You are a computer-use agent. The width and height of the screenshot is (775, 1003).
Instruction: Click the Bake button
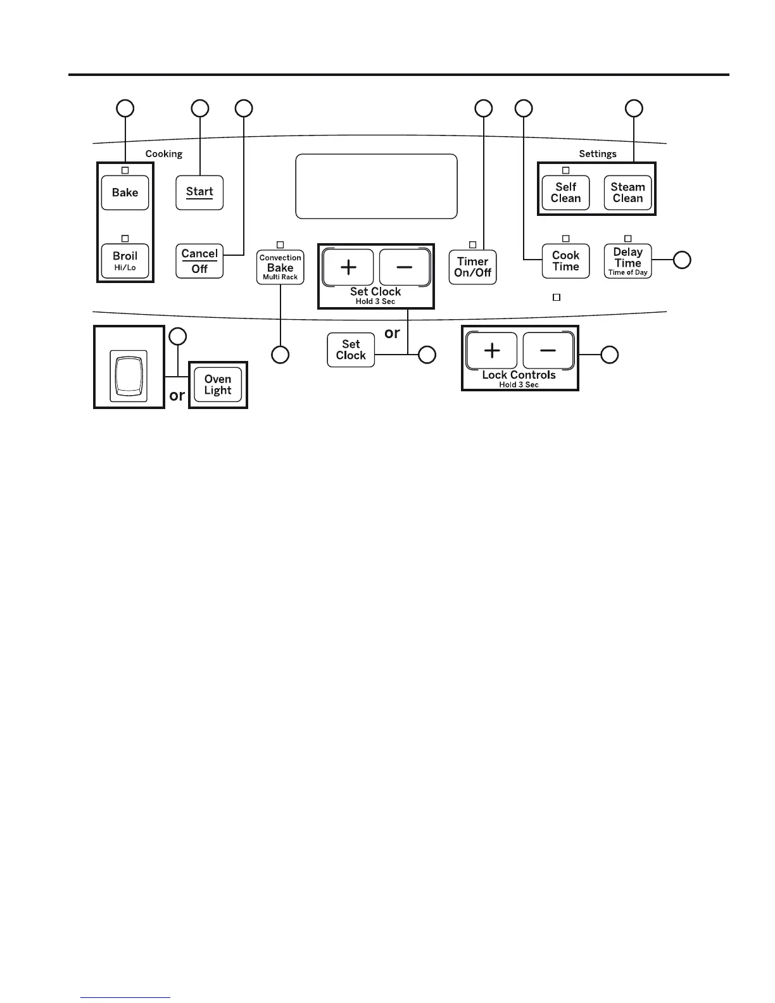pos(125,192)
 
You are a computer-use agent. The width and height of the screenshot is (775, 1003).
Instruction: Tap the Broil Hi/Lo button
pos(125,260)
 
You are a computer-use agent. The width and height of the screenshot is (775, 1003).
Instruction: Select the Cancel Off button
pos(199,261)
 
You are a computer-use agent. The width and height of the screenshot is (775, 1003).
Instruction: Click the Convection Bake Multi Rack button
pos(280,267)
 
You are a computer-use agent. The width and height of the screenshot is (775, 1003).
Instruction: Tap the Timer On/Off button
pos(472,267)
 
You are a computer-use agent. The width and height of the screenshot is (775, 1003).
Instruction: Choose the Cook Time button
pos(565,261)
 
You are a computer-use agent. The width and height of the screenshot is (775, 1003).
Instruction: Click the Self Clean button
pos(565,192)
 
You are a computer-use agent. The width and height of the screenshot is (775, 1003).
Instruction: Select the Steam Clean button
pos(627,192)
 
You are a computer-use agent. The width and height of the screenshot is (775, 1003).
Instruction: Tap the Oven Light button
pos(218,385)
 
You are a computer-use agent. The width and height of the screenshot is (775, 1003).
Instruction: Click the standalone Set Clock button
pos(351,350)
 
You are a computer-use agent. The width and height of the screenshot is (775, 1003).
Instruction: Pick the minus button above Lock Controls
pos(548,350)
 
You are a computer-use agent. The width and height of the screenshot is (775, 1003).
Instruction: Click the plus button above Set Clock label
pos(348,267)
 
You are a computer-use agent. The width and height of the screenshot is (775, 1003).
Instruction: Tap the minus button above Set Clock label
pos(405,267)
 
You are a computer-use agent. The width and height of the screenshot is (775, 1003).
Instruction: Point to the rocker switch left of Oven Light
pos(129,375)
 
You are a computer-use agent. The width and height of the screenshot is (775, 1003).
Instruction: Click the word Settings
pos(598,154)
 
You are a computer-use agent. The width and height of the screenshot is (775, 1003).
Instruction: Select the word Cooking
pos(164,154)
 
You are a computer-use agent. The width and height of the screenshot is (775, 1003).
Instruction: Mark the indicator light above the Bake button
pos(125,170)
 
